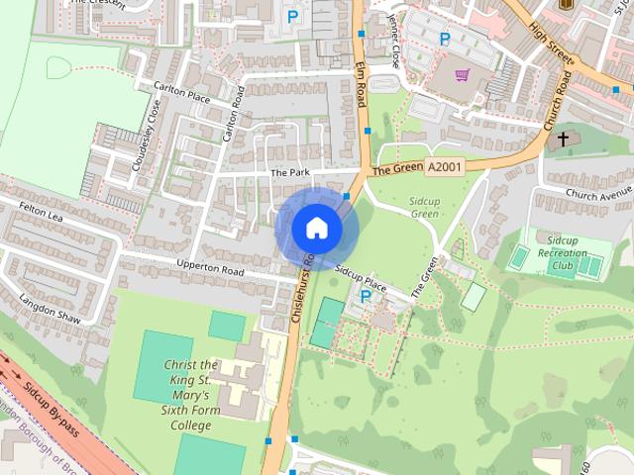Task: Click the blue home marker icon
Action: pyautogui.click(x=317, y=228)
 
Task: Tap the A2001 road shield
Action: pyautogui.click(x=444, y=167)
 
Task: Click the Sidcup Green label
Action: pyautogui.click(x=424, y=207)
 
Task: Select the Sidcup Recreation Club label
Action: pyautogui.click(x=564, y=253)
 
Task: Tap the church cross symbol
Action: pyautogui.click(x=563, y=140)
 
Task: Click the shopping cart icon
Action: pyautogui.click(x=462, y=74)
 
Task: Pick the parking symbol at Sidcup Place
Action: pyautogui.click(x=366, y=296)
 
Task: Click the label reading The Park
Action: pyautogui.click(x=290, y=172)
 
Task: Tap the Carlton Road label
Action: pyautogui.click(x=234, y=113)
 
